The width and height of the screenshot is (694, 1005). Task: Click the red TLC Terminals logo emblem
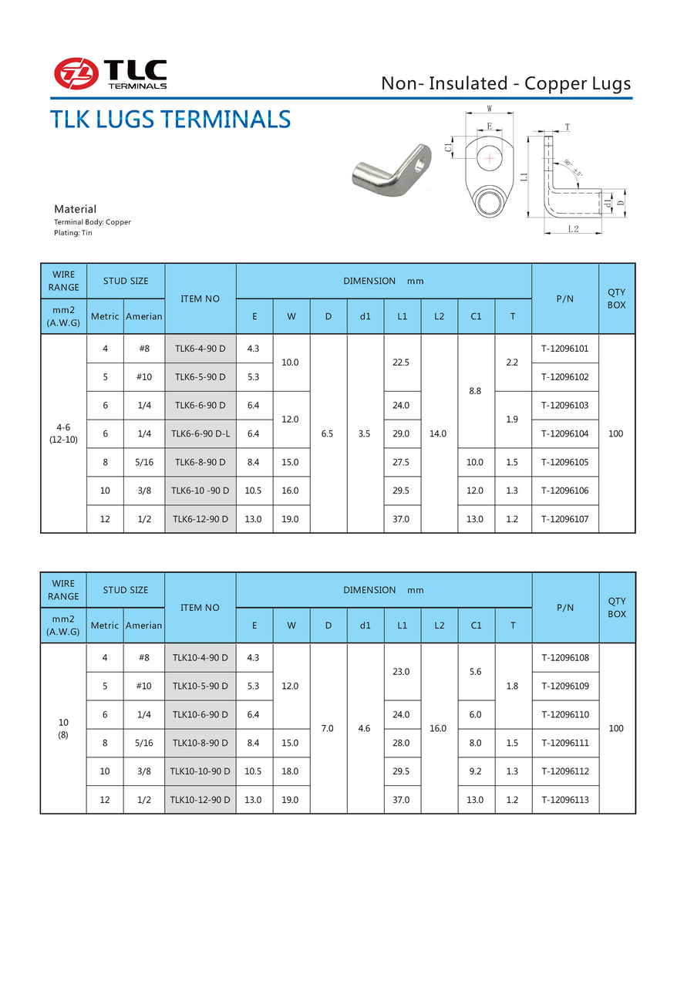76,73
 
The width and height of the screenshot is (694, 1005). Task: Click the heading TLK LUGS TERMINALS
170,120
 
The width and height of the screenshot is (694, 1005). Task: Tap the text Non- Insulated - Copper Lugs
506,83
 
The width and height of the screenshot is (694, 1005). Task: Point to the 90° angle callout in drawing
572,167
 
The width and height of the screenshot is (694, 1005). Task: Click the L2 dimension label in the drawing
573,228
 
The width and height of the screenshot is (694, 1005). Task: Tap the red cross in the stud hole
489,159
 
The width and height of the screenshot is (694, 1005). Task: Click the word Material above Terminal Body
75,209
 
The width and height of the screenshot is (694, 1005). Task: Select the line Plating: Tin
72,232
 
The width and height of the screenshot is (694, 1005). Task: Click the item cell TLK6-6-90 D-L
200,433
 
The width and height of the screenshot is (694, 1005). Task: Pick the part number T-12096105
564,462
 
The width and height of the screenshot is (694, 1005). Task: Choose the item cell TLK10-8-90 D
200,743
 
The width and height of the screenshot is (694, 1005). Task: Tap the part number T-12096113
564,800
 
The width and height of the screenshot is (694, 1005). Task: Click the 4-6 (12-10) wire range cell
63,433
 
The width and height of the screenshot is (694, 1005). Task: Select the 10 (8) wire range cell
63,728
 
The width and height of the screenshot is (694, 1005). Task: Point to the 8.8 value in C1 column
476,391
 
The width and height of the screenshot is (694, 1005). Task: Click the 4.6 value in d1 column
365,728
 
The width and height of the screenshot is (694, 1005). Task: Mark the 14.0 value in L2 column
439,433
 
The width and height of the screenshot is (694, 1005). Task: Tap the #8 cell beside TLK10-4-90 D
144,657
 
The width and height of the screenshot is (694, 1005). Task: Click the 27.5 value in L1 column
402,462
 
